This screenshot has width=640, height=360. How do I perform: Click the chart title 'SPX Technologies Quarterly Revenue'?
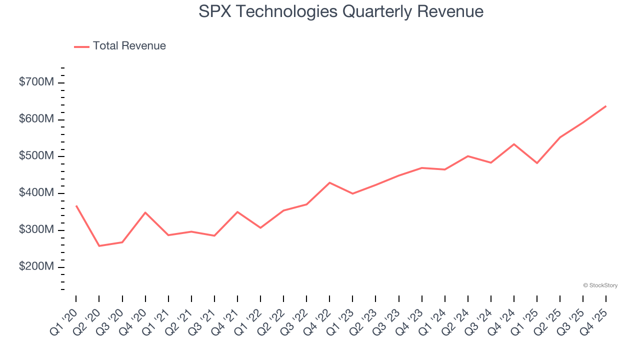(x=341, y=11)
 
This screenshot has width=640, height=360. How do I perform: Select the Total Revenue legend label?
(x=129, y=46)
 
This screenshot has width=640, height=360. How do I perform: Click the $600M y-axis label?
(x=36, y=119)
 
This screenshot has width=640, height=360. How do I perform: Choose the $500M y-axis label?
(x=36, y=156)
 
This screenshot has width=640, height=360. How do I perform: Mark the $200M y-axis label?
(x=36, y=267)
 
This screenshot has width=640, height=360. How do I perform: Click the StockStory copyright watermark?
(x=600, y=285)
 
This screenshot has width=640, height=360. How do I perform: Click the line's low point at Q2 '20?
(x=99, y=246)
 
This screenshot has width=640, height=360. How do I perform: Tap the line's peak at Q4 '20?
(x=145, y=212)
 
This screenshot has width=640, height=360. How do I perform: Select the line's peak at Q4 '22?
(x=329, y=182)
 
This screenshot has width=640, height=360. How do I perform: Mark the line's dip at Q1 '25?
(x=537, y=163)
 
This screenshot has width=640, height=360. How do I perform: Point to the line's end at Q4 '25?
(x=606, y=106)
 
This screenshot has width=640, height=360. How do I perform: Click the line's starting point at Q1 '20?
(x=76, y=205)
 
